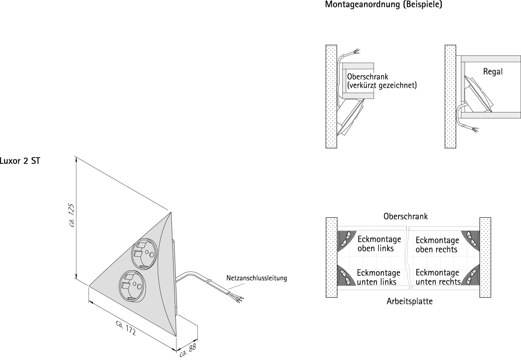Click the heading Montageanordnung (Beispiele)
(x=383, y=5)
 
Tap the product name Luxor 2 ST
(x=20, y=162)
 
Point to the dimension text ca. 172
(x=125, y=328)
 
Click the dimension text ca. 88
(x=187, y=351)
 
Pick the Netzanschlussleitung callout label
(x=256, y=278)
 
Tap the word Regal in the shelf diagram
(x=493, y=71)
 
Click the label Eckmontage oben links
(x=379, y=243)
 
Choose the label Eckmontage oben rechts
(x=437, y=245)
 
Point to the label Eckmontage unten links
(x=378, y=277)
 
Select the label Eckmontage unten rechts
(x=438, y=277)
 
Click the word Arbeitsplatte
(x=409, y=301)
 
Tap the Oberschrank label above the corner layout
(x=405, y=216)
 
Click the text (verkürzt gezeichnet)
(x=381, y=85)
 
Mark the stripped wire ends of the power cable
(x=239, y=297)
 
